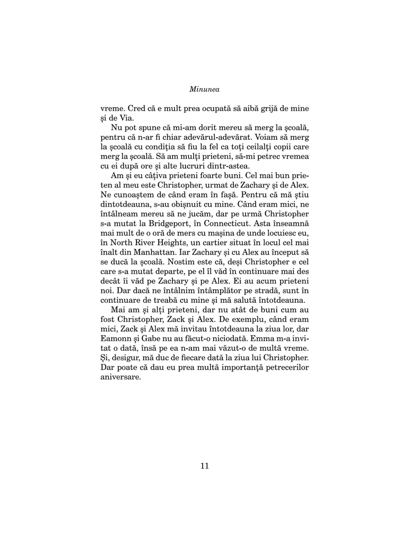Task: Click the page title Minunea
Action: [x=205, y=89]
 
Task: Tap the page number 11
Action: [x=205, y=466]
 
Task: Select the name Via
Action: [x=127, y=118]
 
